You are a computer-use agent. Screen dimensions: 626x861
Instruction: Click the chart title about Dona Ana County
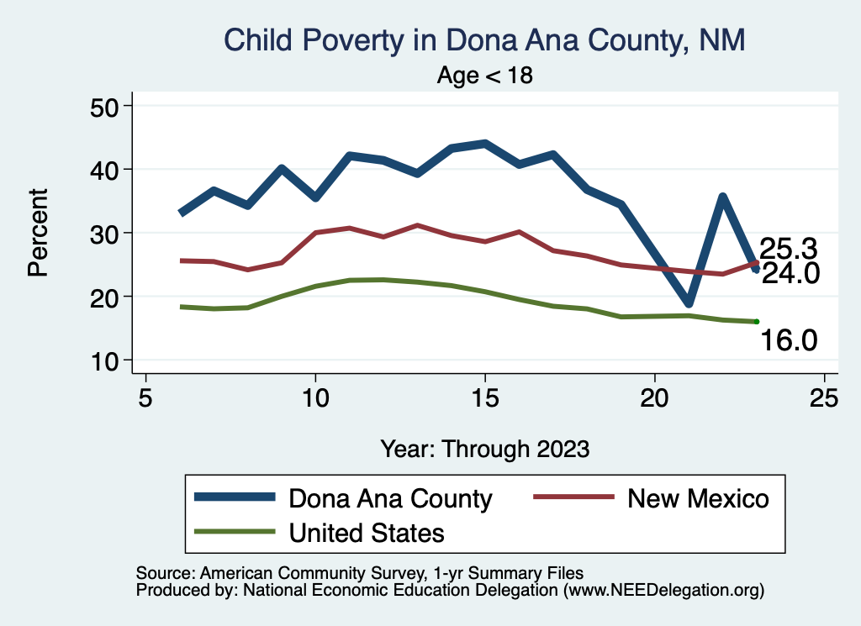(483, 40)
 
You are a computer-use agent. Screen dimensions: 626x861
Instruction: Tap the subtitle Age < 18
(485, 76)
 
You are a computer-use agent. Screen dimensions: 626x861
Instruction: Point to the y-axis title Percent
(37, 233)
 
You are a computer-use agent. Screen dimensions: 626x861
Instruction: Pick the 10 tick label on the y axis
(106, 360)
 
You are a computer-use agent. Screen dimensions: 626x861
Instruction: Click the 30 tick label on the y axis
(106, 233)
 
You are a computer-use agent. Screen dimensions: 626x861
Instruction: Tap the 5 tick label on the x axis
(145, 397)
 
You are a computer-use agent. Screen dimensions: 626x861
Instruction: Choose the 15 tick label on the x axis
(484, 397)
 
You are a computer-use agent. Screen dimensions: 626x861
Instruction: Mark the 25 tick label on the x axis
(824, 397)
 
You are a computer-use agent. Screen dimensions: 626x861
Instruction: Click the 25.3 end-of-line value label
(790, 249)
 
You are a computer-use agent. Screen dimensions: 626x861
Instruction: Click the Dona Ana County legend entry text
(390, 498)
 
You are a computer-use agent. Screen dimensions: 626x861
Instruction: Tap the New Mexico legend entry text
(698, 498)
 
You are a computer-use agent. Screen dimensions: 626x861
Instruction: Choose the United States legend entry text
(367, 532)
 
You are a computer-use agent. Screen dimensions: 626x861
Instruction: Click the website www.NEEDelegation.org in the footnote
(664, 591)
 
